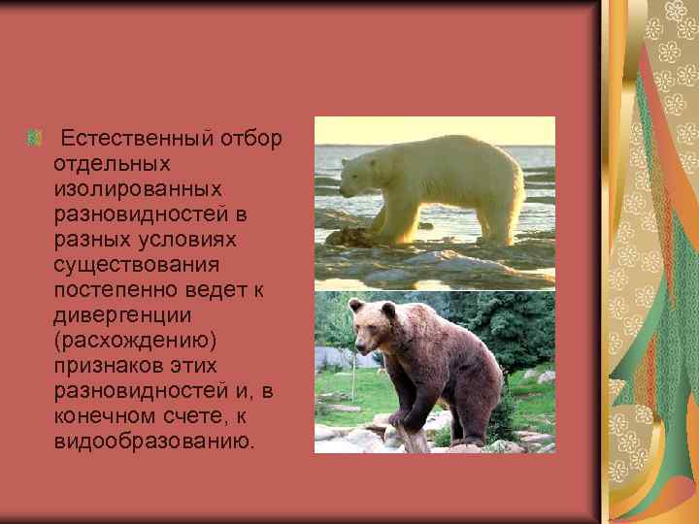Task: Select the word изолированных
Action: [x=138, y=189]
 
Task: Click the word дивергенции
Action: [x=123, y=315]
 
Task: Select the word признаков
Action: [x=109, y=366]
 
